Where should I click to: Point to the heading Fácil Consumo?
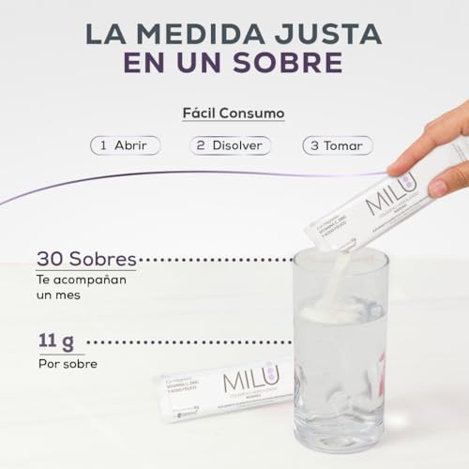234,113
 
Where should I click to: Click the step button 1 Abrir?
125,145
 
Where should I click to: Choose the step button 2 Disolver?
230,145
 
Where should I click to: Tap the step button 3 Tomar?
338,145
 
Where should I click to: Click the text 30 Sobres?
86,258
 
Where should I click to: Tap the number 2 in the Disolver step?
200,145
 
